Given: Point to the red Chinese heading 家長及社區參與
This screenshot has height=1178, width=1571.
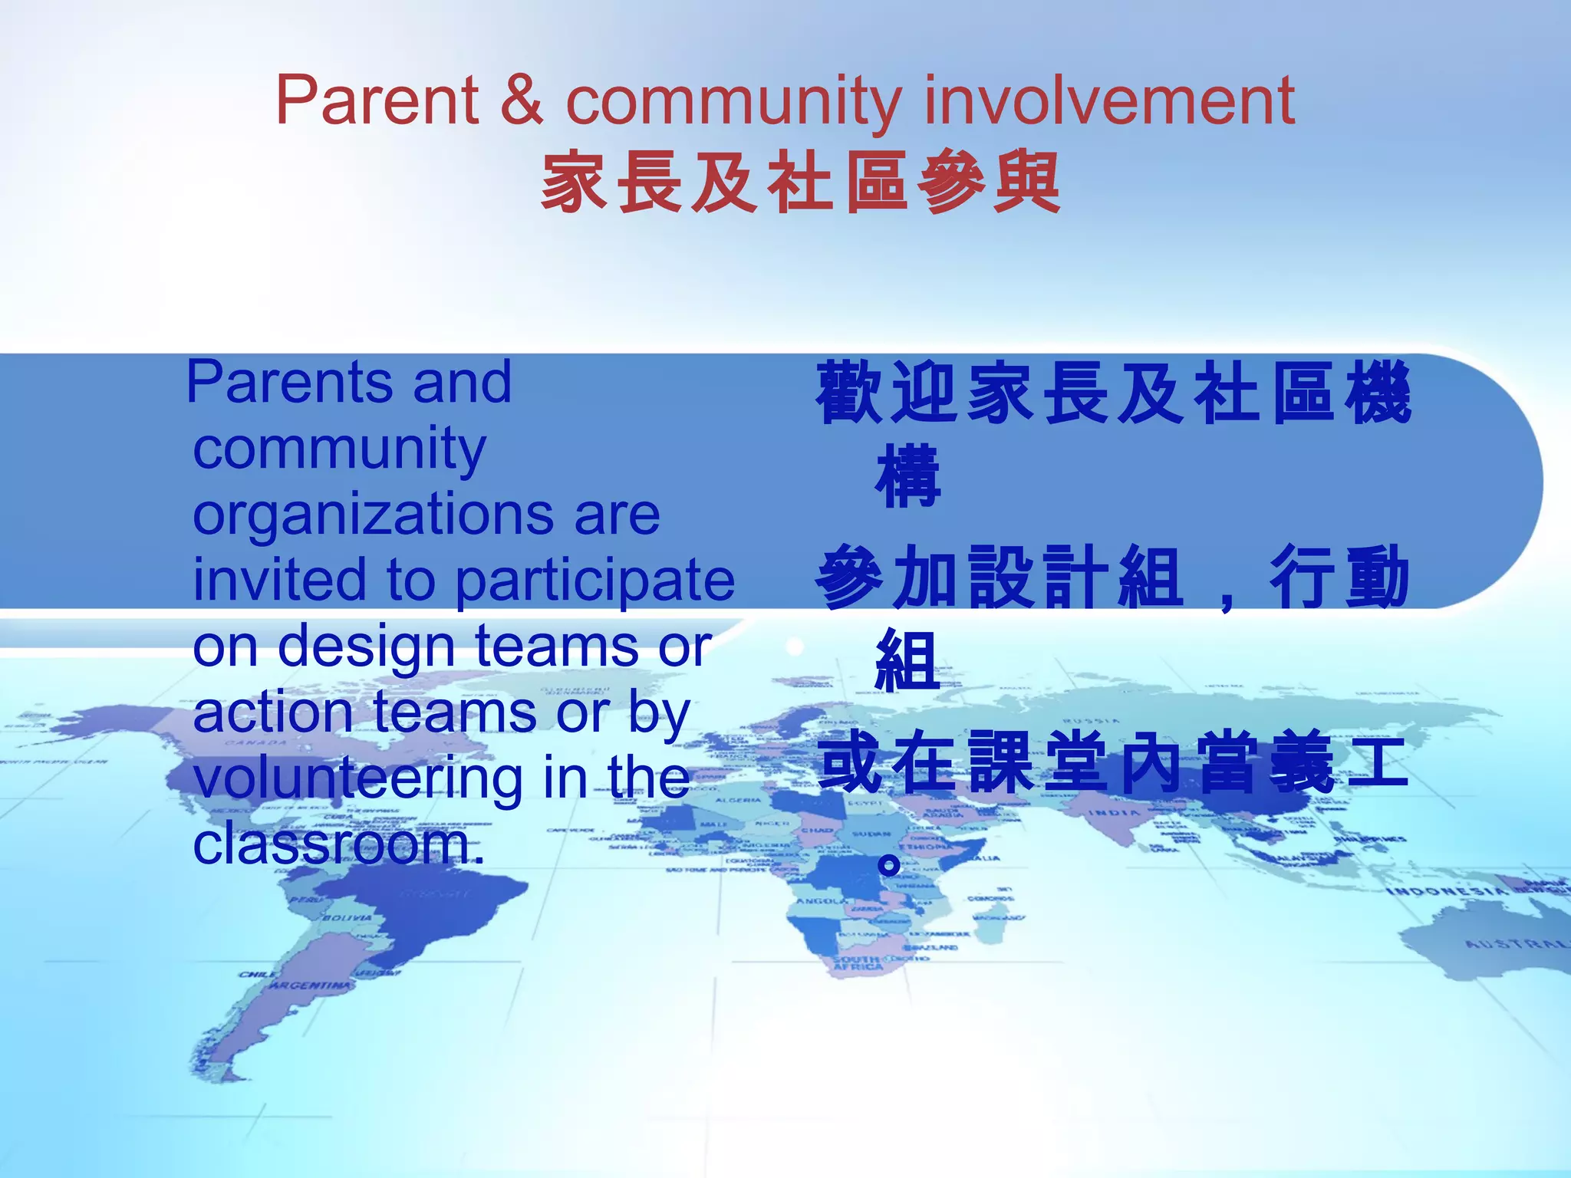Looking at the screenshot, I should (x=801, y=183).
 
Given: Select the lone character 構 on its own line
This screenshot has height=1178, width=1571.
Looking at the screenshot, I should (x=907, y=476).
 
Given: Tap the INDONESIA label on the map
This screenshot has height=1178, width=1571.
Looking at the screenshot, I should (x=1445, y=891).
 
